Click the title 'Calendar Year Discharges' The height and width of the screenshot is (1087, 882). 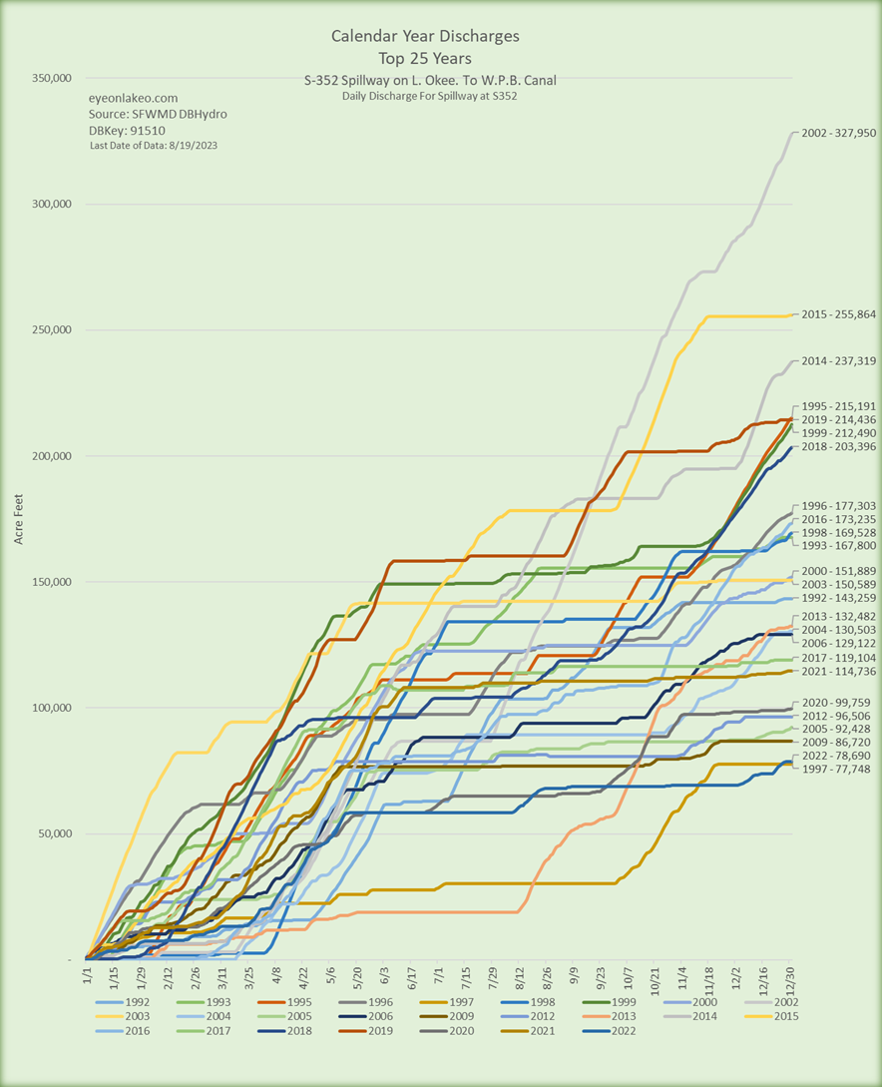click(x=425, y=37)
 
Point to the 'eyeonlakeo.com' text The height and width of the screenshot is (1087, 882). click(x=133, y=98)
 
